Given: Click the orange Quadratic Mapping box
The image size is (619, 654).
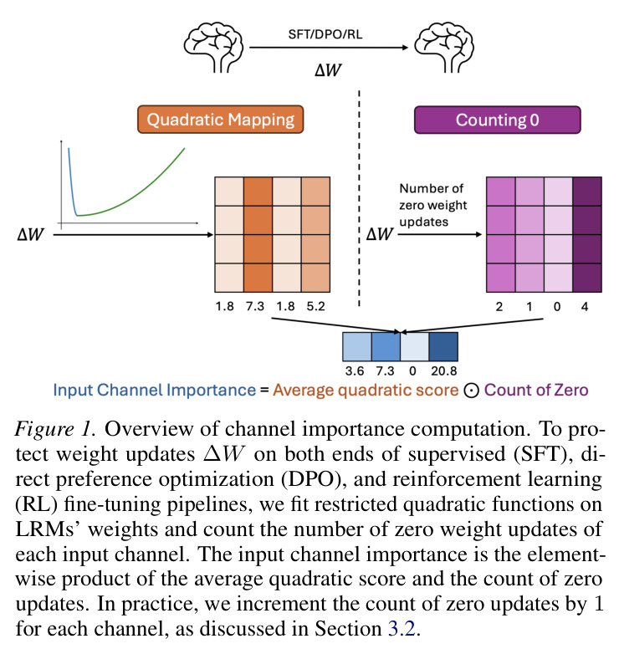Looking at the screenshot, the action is [x=220, y=120].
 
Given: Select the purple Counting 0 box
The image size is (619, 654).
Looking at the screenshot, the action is [x=497, y=120].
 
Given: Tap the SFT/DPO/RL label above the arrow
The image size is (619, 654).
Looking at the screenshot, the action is [x=325, y=34].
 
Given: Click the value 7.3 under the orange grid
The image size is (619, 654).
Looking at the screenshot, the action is [x=255, y=307].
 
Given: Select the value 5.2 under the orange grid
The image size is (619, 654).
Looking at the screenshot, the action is [x=315, y=307].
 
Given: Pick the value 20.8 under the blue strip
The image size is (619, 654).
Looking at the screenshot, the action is [x=444, y=370].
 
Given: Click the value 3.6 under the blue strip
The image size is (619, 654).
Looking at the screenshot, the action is [x=355, y=370].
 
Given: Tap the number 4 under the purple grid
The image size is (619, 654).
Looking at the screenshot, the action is [x=585, y=307].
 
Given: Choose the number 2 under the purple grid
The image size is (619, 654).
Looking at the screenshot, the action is [x=499, y=307].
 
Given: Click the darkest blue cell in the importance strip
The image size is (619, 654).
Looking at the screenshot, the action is [x=443, y=346].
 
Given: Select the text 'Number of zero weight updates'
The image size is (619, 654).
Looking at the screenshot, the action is [x=433, y=205].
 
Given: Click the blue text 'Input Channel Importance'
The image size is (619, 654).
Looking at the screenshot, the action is [x=155, y=391].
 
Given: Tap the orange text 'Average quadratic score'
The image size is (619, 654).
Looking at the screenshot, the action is [x=366, y=391].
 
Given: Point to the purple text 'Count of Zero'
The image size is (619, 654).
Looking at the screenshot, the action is [x=536, y=391].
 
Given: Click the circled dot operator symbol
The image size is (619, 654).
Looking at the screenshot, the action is [x=471, y=391].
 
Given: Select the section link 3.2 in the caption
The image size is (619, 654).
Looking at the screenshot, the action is [x=402, y=629].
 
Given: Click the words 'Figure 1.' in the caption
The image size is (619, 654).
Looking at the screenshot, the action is [x=55, y=429].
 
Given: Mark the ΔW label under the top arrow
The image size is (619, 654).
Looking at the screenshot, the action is [x=328, y=70].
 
